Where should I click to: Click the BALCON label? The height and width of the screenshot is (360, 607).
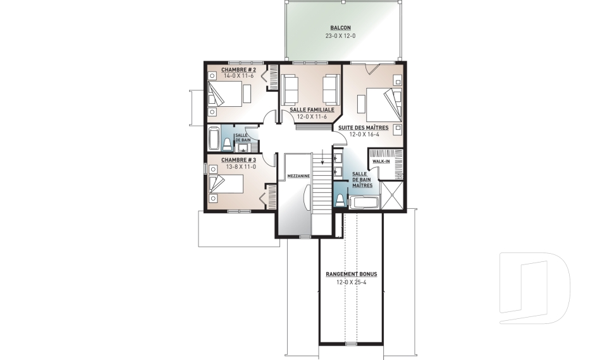340,28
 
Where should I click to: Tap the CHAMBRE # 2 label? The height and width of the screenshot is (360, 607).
238,70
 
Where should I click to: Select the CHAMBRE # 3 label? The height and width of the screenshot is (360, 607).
238,159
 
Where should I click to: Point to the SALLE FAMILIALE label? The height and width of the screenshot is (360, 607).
312,109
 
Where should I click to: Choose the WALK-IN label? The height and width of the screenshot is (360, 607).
381,161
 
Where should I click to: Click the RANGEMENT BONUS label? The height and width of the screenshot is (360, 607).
351,274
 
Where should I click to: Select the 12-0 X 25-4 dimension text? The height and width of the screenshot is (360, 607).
351,282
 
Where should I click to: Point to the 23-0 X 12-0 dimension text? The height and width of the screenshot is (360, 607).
340,36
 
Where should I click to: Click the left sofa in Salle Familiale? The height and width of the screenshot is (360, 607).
290,89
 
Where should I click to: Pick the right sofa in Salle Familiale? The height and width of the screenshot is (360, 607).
331,89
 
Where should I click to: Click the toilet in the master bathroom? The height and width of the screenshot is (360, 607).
340,201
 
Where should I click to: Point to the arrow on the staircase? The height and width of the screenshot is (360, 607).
322,158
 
